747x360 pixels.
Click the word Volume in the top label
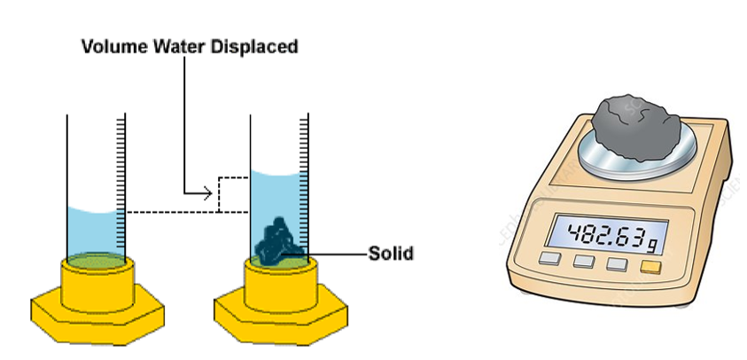pyautogui.click(x=112, y=46)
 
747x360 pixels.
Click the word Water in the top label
pyautogui.click(x=174, y=46)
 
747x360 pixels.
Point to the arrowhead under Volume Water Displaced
pyautogui.click(x=209, y=191)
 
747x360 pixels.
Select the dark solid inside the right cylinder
pyautogui.click(x=277, y=240)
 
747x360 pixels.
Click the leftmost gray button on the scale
pyautogui.click(x=550, y=259)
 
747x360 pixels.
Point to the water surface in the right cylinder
pyautogui.click(x=276, y=171)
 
